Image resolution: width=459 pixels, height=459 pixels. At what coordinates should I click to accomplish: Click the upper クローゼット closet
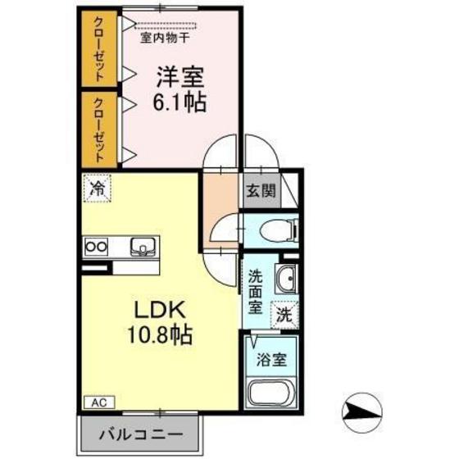coord(98,48)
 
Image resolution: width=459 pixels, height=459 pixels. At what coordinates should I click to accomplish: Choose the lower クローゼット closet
coord(98,128)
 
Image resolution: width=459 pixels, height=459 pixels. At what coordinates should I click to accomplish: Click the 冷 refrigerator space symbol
coord(96,187)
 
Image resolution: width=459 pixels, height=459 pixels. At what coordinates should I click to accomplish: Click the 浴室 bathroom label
coord(274,358)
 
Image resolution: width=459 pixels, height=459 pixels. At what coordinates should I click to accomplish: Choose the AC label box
coord(98,403)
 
